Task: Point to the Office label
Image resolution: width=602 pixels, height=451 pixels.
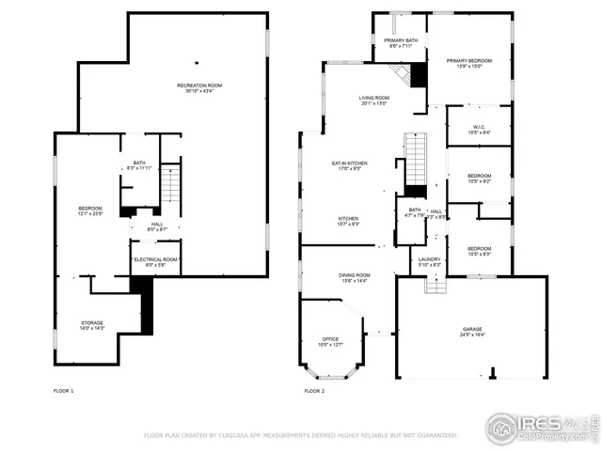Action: point(329,341)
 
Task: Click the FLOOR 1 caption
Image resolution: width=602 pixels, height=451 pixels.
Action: point(65,391)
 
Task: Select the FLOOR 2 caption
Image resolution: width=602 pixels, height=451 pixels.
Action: point(314,391)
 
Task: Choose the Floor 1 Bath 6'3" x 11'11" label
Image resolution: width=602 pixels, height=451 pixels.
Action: point(139,165)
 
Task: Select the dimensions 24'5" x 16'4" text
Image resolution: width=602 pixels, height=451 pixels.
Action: point(472,335)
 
